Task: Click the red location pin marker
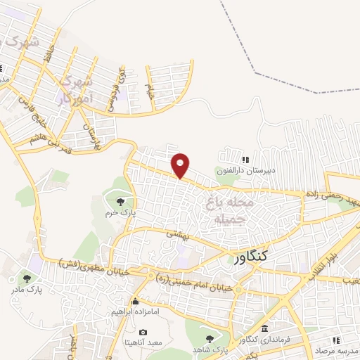[181, 165]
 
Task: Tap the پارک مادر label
[27, 289]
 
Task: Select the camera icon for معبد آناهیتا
[143, 332]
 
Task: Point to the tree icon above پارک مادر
[27, 278]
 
